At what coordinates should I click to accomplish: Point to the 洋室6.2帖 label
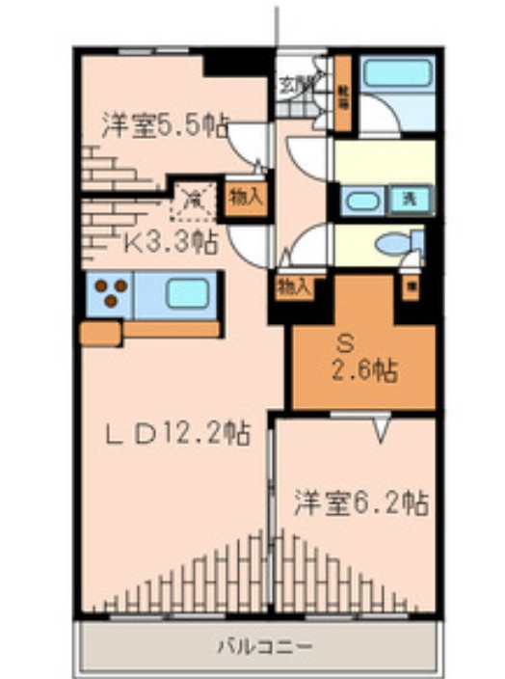(x=360, y=502)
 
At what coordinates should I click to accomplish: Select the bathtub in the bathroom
(x=398, y=75)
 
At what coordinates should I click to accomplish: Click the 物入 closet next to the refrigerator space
(x=245, y=199)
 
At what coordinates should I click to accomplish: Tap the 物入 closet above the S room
(x=293, y=286)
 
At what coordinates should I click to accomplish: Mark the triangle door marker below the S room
(x=383, y=427)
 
